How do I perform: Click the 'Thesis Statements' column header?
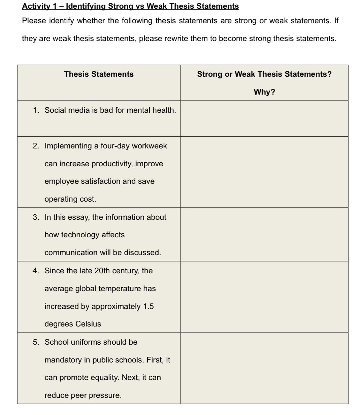click(99, 74)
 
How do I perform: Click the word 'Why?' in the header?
click(264, 92)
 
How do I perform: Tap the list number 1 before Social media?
click(36, 110)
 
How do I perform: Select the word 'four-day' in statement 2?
click(115, 146)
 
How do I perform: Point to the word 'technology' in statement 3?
click(80, 235)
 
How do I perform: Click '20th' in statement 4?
click(102, 271)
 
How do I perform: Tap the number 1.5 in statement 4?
click(148, 307)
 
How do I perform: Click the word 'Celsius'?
click(88, 324)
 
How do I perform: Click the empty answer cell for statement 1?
click(264, 118)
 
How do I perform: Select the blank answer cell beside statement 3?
click(264, 235)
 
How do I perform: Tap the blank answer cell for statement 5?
click(264, 369)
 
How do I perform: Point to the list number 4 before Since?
click(36, 271)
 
